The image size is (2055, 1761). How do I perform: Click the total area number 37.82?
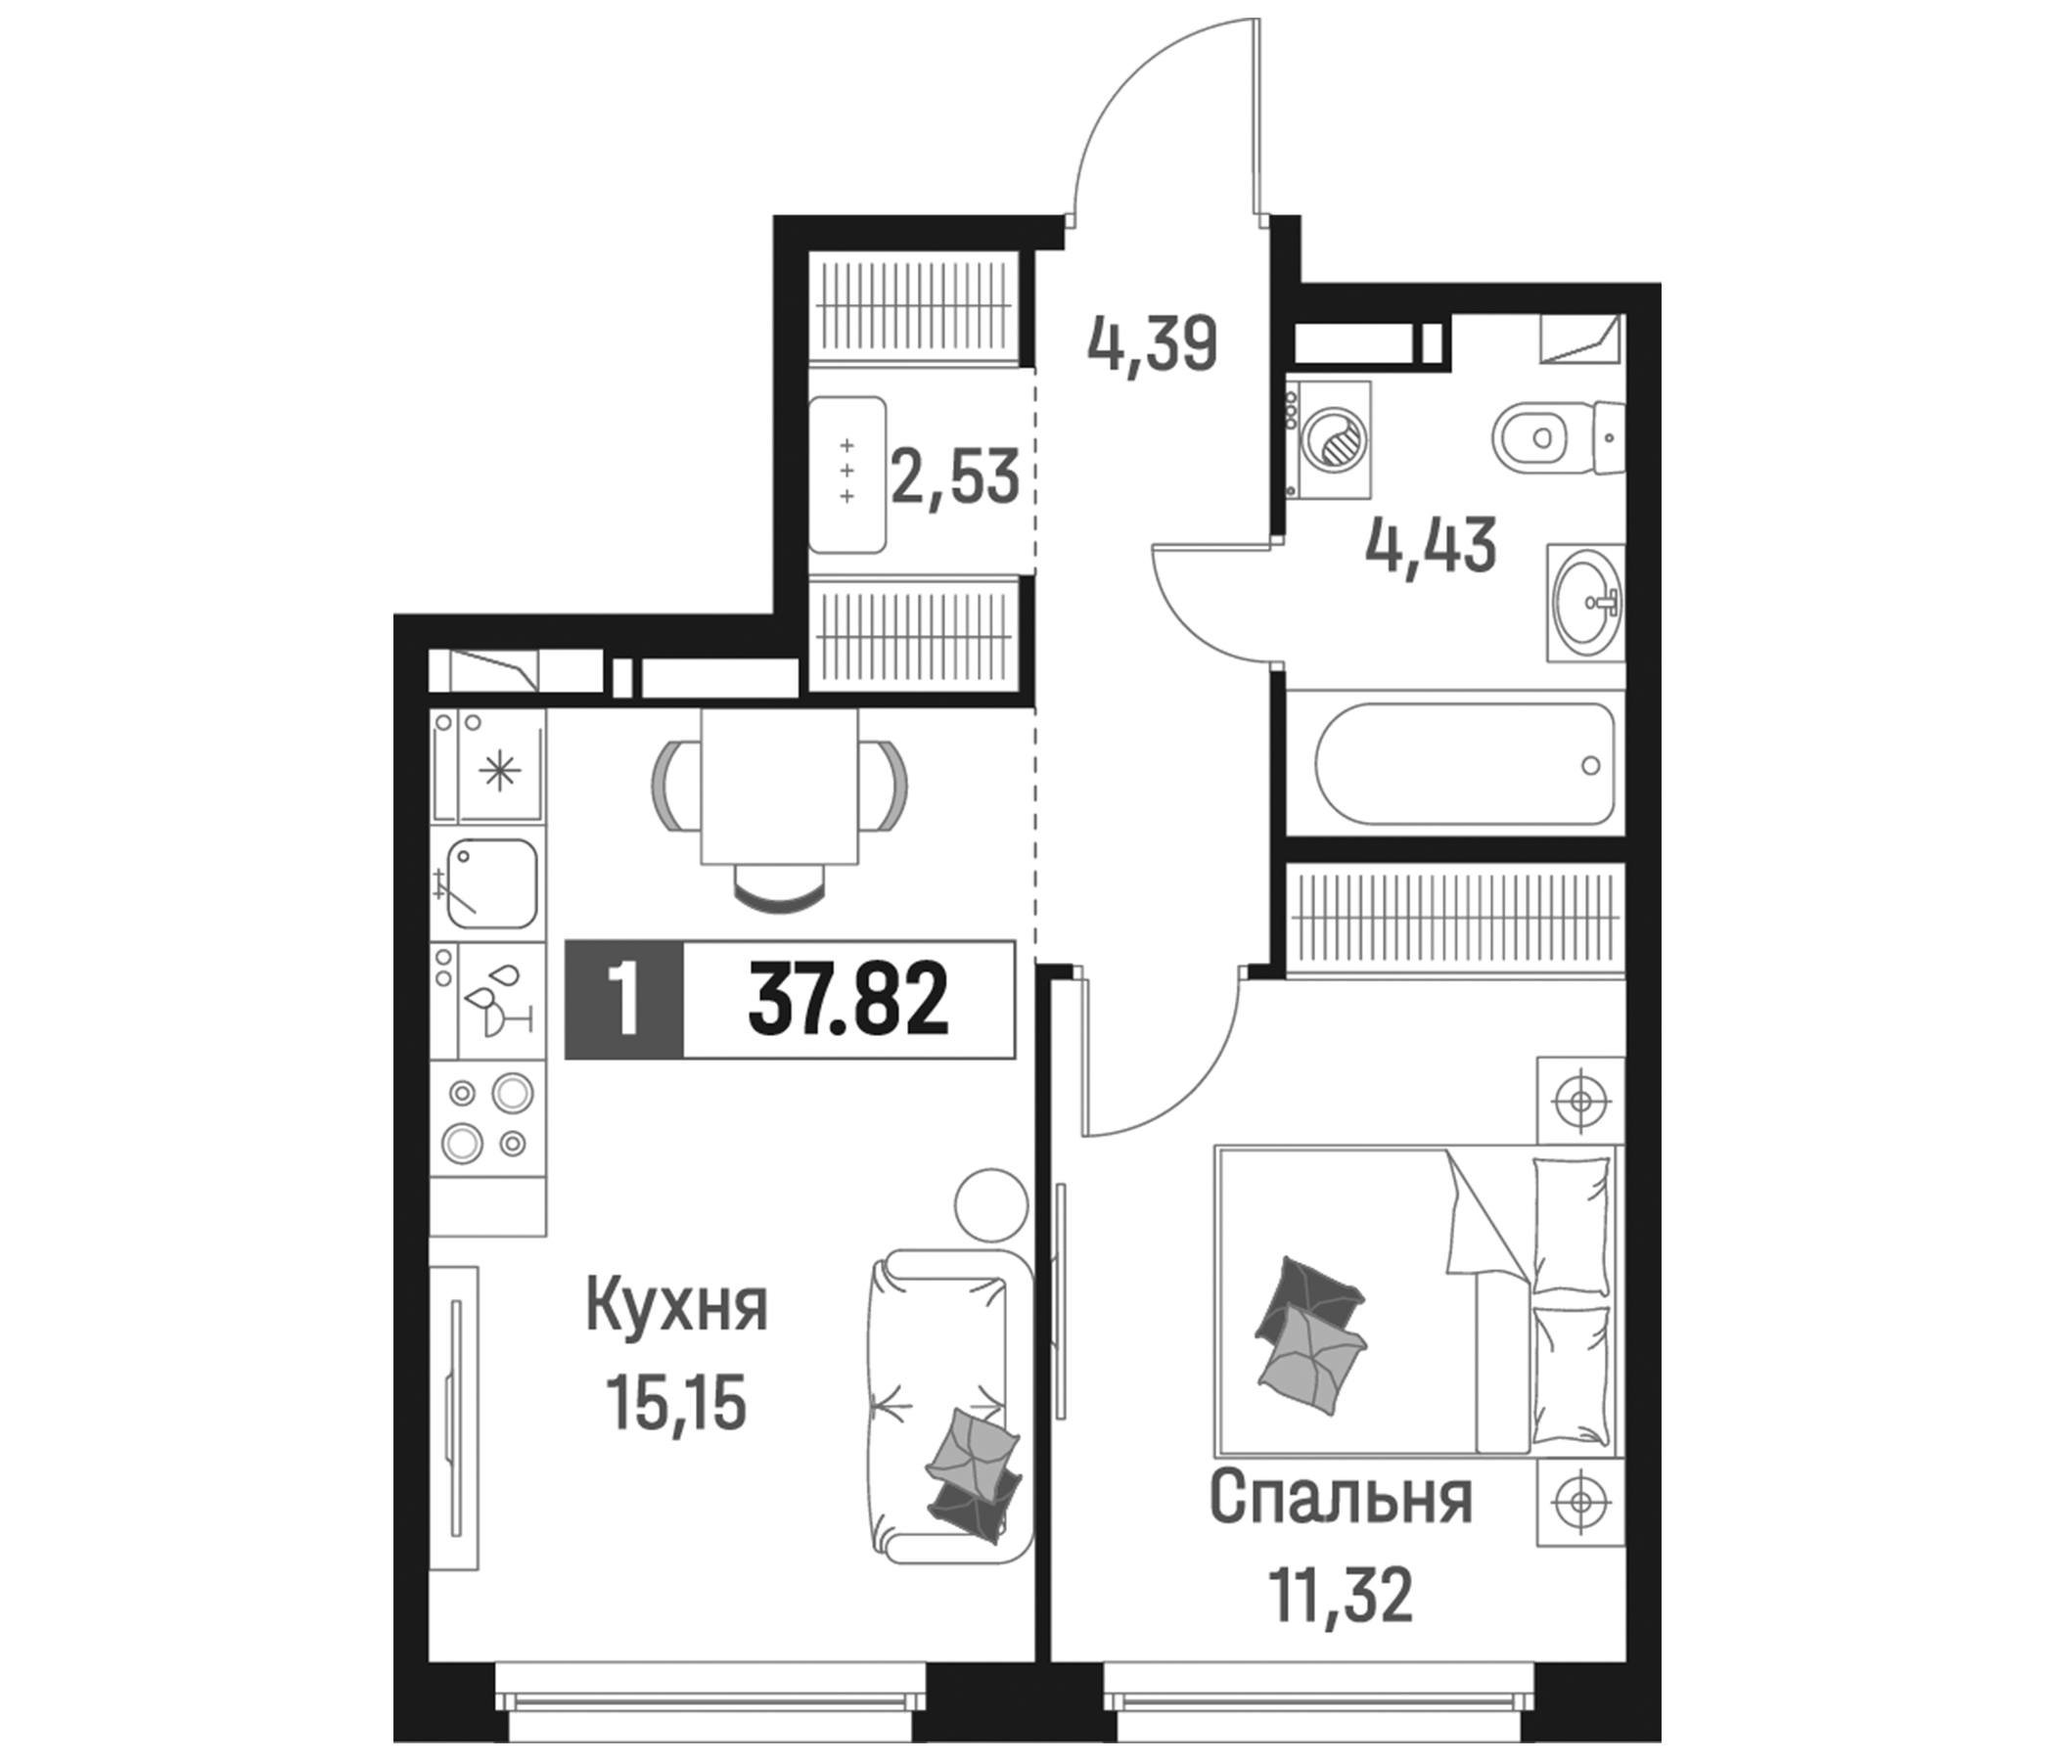coord(848,1000)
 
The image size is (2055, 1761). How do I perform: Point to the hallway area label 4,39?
coord(1152,345)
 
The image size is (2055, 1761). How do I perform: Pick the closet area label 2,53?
coord(955,477)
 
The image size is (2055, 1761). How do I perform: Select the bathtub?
coord(1465,763)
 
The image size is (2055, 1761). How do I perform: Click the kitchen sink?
coord(492,882)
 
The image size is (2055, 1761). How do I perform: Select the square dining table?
coord(780,786)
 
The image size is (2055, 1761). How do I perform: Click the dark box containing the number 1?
coord(624,1000)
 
